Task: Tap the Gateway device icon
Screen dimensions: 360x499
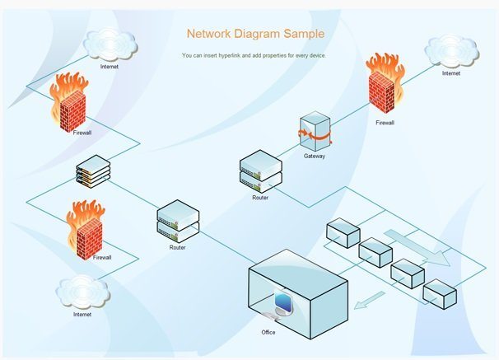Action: pyautogui.click(x=314, y=132)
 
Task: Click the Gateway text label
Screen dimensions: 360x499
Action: pyautogui.click(x=315, y=156)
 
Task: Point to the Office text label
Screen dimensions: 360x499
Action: pyautogui.click(x=268, y=332)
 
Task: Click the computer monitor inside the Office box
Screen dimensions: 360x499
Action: pyautogui.click(x=282, y=303)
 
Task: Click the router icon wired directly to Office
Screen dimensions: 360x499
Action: pyautogui.click(x=178, y=220)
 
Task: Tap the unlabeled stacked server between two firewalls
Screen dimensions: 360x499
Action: pyautogui.click(x=92, y=173)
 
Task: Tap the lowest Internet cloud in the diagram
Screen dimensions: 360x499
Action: pyautogui.click(x=82, y=292)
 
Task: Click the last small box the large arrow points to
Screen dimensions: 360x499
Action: pyautogui.click(x=439, y=292)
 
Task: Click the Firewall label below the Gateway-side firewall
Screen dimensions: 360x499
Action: pyautogui.click(x=385, y=123)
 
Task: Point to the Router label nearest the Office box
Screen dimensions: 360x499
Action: pyautogui.click(x=178, y=247)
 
